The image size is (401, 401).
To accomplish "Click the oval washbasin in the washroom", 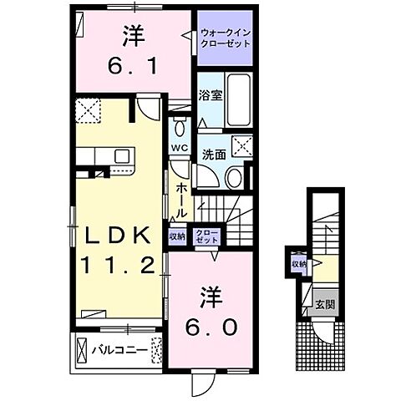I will point(235,176).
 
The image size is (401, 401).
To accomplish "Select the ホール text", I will point(181,201).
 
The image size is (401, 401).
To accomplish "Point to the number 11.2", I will point(116,266).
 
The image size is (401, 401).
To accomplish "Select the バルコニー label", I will point(119,348).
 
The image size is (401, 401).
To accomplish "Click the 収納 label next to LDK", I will point(177,236).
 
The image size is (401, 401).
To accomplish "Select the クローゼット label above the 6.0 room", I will point(204,236).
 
